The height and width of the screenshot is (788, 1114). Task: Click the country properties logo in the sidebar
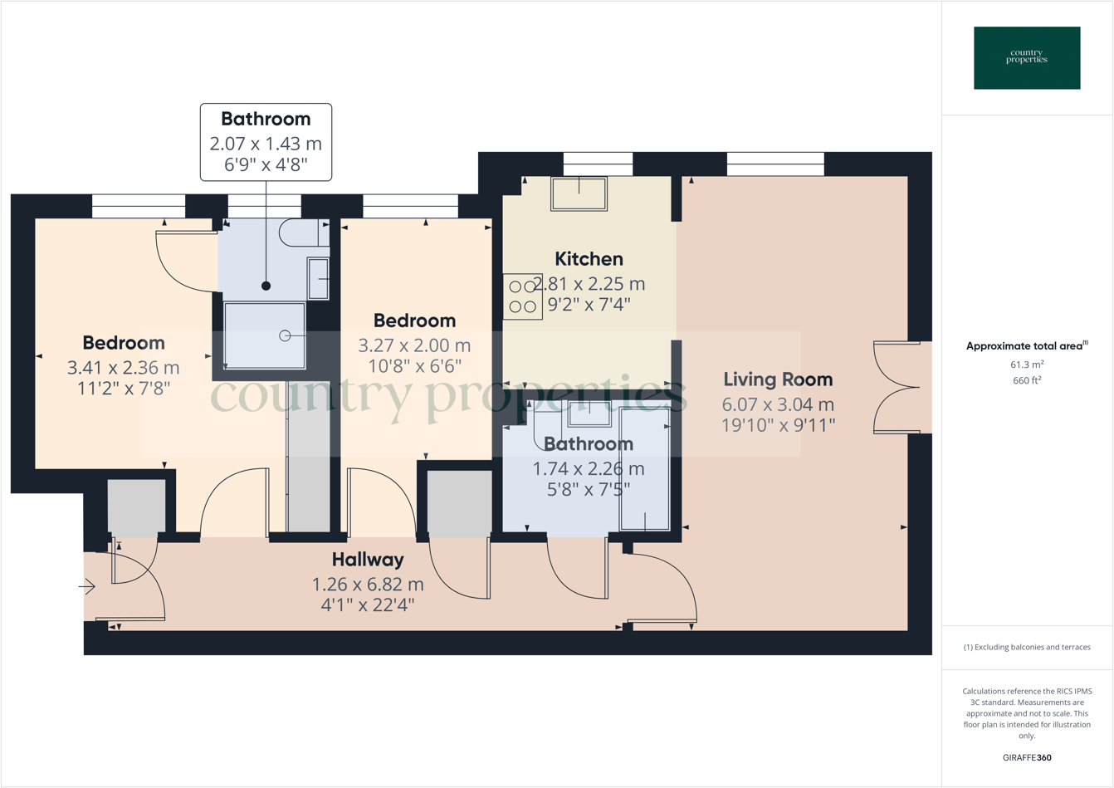[x=1027, y=57]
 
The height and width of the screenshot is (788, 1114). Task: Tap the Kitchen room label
[x=589, y=259]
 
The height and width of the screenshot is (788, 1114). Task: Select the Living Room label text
[x=778, y=379]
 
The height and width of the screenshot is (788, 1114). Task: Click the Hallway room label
[x=368, y=560]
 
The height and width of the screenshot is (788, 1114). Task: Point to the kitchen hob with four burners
[x=522, y=296]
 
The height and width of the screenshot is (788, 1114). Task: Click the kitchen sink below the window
[x=579, y=193]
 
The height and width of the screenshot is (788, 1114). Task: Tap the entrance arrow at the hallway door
[x=87, y=587]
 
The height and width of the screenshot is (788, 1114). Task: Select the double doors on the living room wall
[x=898, y=387]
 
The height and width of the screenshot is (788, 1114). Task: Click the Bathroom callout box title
[x=266, y=119]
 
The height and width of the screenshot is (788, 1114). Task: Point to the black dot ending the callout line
[x=266, y=286]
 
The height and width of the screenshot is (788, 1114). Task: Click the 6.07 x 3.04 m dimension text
[x=778, y=404]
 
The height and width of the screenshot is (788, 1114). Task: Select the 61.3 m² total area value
[x=1027, y=365]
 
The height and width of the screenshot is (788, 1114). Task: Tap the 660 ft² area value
[x=1027, y=380]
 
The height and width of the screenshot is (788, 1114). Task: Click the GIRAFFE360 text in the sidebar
[x=1027, y=757]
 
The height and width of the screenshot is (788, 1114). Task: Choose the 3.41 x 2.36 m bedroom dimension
[x=123, y=367]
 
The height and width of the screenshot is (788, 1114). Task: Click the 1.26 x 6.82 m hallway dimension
[x=368, y=584]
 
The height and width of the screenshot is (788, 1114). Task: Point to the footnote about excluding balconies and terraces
[x=1027, y=647]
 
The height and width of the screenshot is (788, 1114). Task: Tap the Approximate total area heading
[x=1027, y=346]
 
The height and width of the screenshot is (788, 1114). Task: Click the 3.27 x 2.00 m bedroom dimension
[x=414, y=345]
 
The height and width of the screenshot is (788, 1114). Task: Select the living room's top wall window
[x=775, y=164]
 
